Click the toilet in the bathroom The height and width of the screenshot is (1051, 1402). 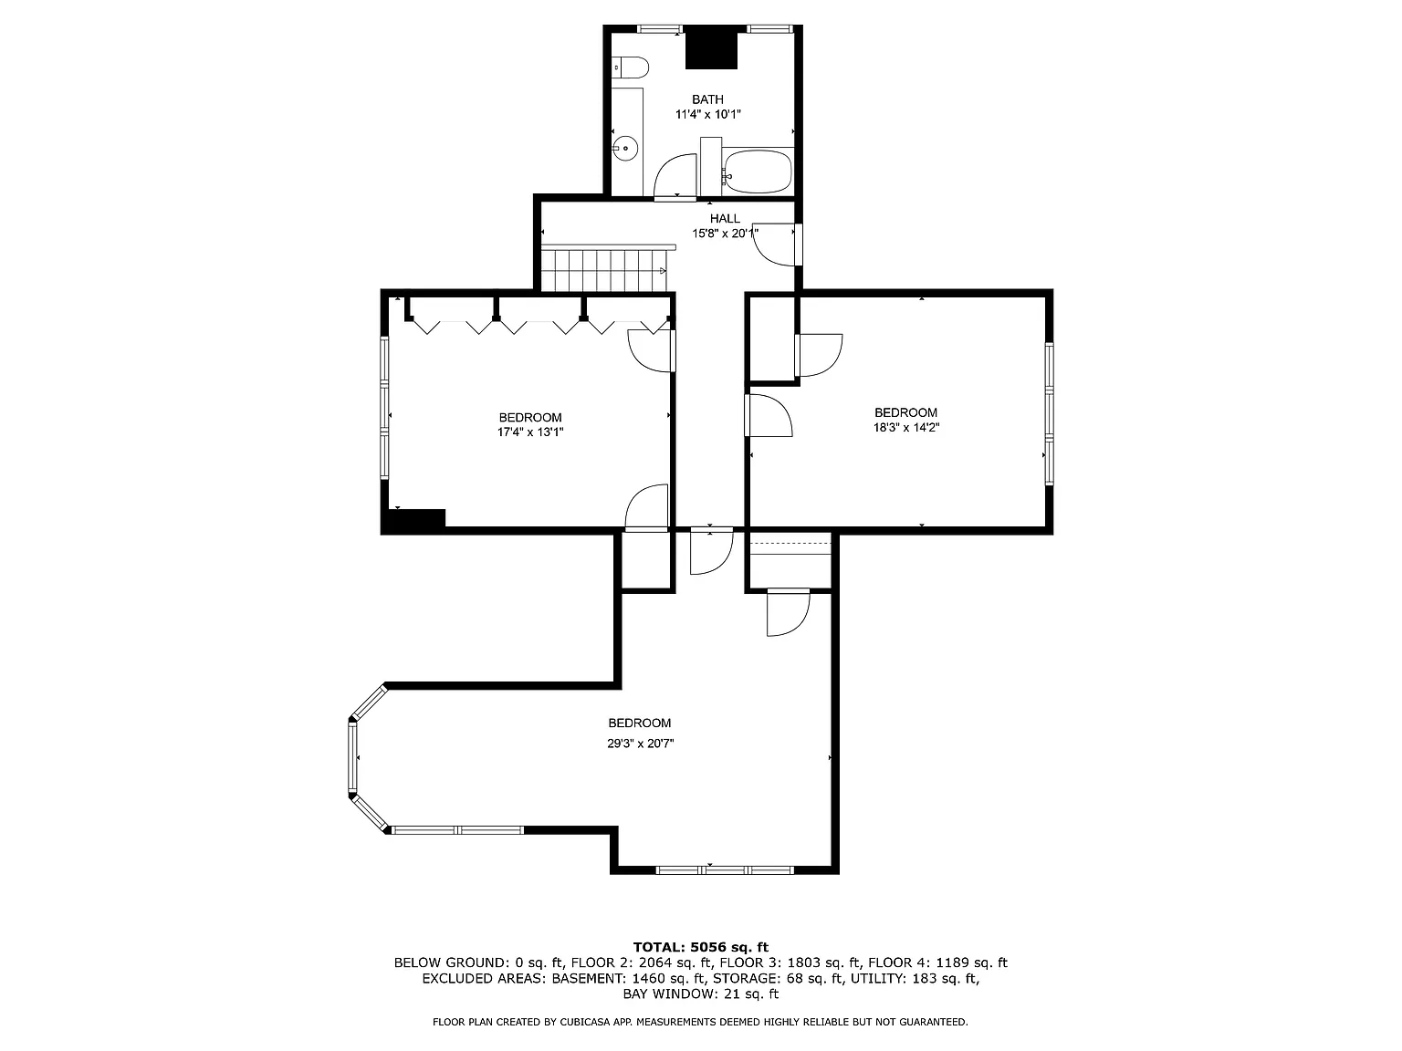630,68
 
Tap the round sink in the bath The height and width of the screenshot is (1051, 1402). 626,149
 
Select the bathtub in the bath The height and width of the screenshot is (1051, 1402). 757,172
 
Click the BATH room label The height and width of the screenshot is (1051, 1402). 707,99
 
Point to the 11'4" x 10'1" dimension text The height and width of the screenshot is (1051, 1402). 707,115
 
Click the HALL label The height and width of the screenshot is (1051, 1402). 725,219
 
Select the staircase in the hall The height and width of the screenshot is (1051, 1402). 602,270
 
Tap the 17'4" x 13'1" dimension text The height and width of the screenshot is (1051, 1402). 529,433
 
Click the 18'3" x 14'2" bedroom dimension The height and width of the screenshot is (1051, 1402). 905,427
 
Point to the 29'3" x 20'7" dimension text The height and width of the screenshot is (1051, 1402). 640,744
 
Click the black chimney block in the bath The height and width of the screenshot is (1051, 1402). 711,48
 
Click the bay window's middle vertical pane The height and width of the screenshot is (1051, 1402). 351,757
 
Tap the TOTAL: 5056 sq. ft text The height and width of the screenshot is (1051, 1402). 700,947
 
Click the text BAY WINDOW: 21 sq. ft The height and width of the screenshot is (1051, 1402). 700,994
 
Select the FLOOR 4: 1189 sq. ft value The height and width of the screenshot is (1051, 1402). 936,963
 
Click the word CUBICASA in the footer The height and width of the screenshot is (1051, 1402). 581,1023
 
